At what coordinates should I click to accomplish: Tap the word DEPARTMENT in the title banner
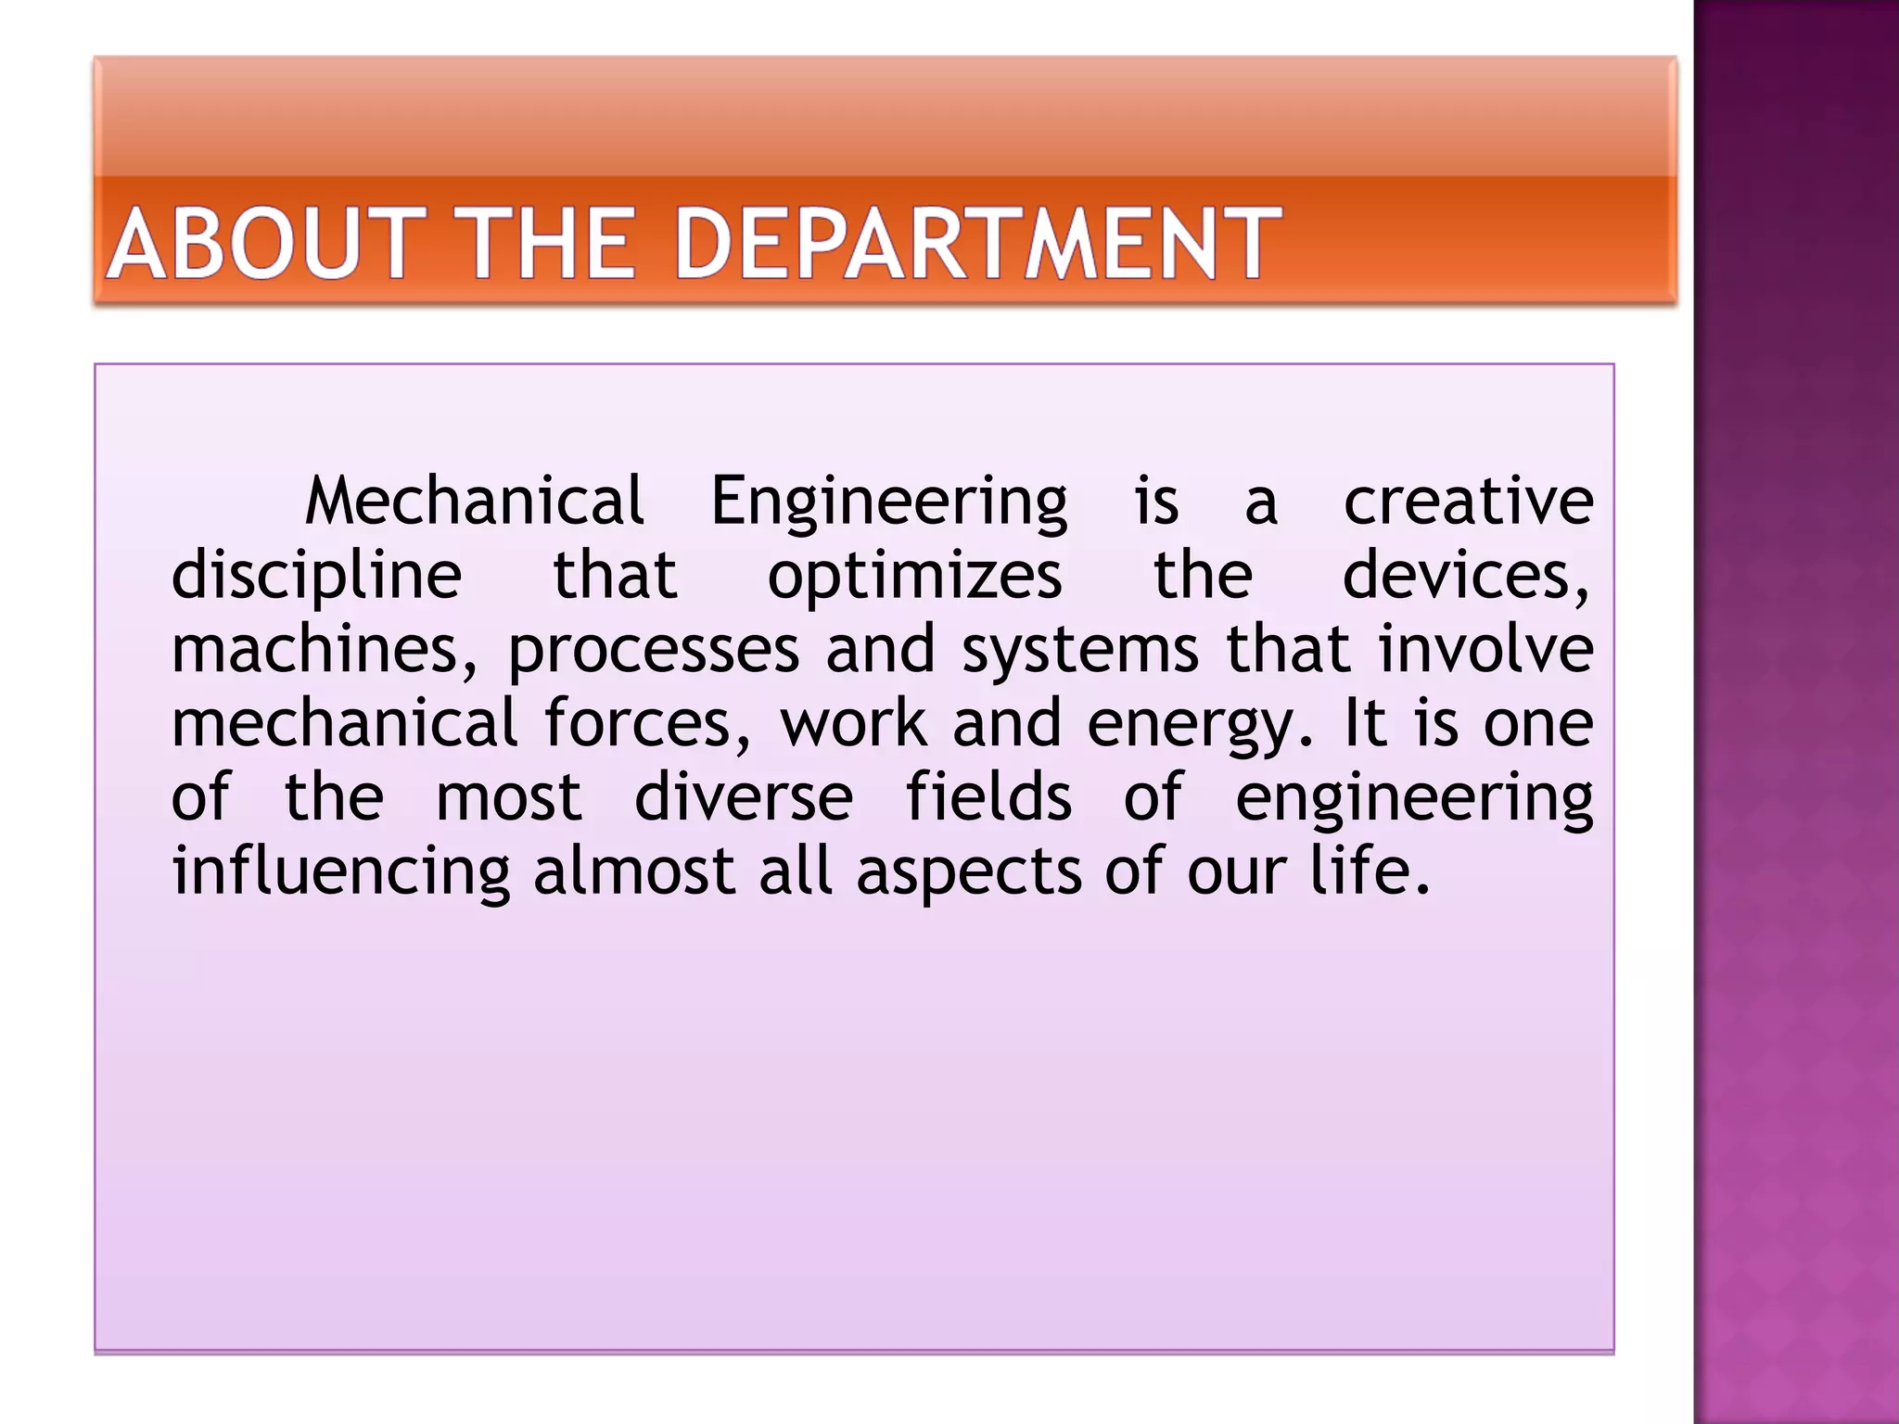[x=977, y=244]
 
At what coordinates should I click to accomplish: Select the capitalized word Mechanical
[x=474, y=501]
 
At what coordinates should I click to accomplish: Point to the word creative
[x=1469, y=501]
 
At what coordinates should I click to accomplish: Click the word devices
[x=1465, y=576]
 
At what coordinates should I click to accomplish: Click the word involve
[x=1486, y=649]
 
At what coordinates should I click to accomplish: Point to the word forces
[x=646, y=724]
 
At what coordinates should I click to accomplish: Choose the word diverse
[x=744, y=797]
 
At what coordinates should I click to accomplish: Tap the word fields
[x=988, y=797]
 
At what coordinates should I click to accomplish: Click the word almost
[x=634, y=871]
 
